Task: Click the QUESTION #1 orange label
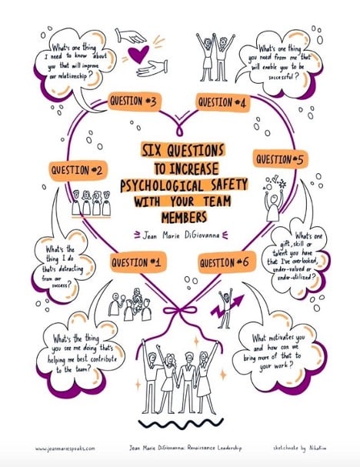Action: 138,262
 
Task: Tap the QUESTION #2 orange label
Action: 78,170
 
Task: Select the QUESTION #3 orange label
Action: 133,102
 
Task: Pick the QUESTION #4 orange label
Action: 223,103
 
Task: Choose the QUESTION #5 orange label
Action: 280,159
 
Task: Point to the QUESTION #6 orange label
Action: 227,262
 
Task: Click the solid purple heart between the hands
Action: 138,54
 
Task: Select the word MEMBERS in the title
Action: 184,218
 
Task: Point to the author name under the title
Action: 181,235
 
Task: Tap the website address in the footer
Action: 65,449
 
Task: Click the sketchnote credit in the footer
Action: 299,448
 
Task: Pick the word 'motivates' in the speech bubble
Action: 280,338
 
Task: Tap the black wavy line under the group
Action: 181,423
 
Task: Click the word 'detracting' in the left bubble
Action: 70,269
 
